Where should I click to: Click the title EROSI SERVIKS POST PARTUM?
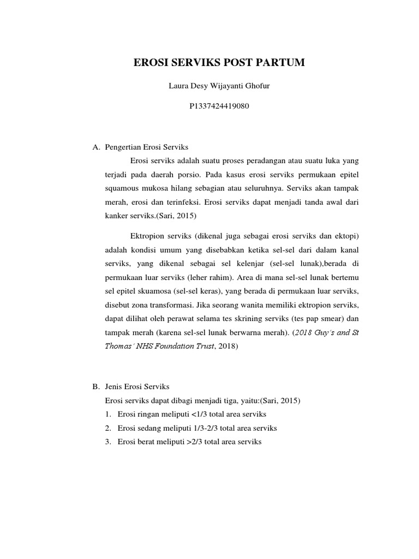tap(219, 63)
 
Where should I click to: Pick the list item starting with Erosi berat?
tap(184, 441)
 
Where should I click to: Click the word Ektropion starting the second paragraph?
tap(147, 235)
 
